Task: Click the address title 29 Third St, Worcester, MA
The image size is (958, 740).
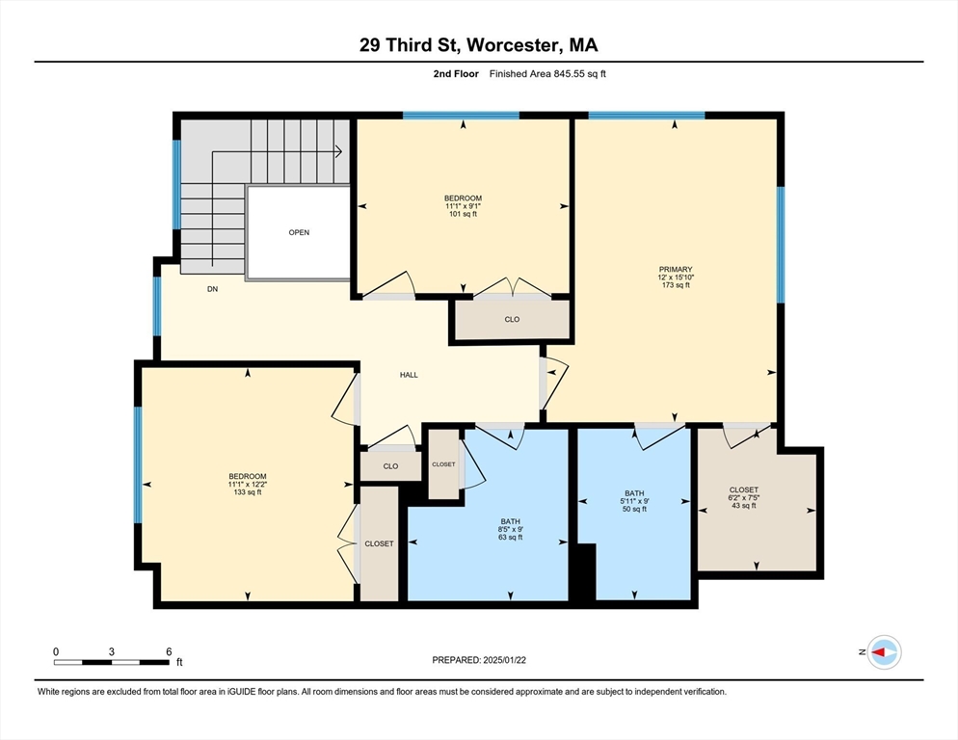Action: (478, 45)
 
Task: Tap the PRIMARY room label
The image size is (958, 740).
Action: (675, 270)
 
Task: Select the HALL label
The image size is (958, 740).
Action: (409, 375)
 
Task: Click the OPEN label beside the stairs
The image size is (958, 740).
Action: (299, 232)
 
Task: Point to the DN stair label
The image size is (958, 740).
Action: (213, 288)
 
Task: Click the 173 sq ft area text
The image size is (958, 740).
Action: (675, 286)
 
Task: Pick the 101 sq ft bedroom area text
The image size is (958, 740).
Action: (463, 214)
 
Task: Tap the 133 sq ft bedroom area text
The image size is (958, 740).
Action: (247, 492)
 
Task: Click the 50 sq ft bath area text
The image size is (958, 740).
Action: (633, 509)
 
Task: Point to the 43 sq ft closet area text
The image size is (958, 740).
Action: (743, 506)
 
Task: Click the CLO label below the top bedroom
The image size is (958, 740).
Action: (512, 319)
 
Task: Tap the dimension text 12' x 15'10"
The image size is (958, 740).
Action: (675, 278)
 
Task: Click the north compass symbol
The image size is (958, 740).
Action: (883, 652)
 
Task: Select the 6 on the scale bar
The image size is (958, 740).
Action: (169, 651)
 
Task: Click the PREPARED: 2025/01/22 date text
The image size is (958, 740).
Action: (478, 660)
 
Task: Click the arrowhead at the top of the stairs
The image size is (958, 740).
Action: (339, 151)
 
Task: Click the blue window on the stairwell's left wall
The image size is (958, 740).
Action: (176, 185)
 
